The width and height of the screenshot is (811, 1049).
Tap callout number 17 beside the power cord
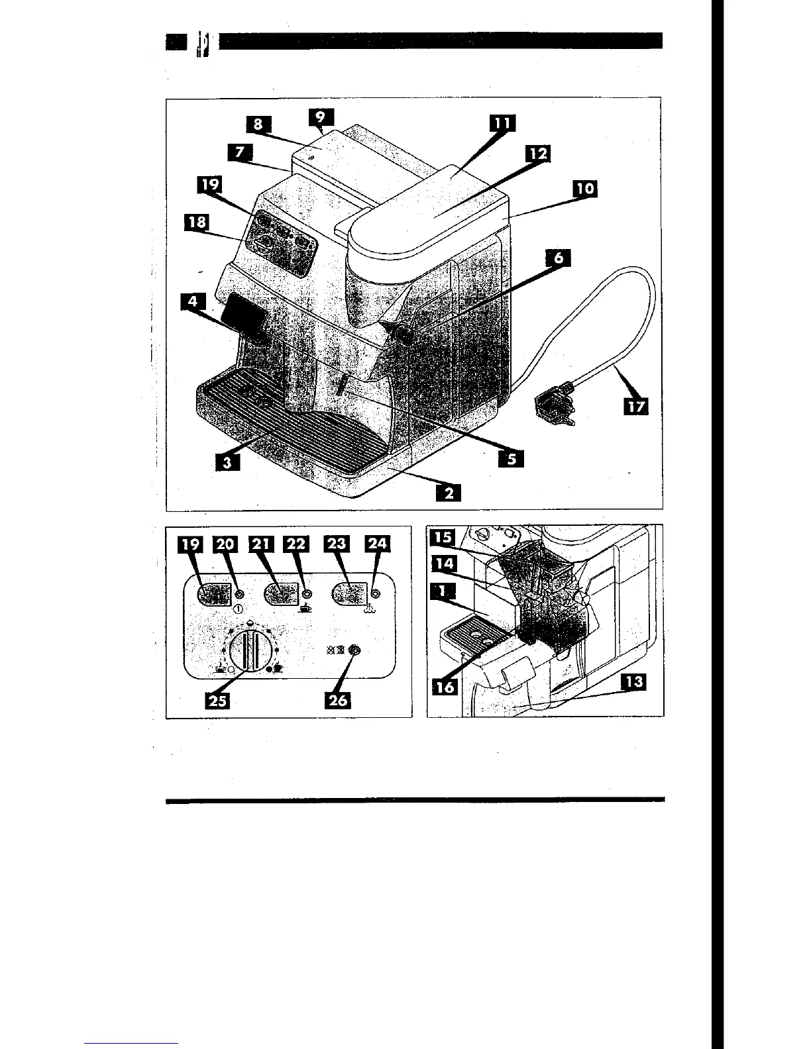click(636, 406)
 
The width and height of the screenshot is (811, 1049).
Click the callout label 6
click(559, 258)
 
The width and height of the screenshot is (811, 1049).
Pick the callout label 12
click(538, 154)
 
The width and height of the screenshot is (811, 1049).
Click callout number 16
click(445, 687)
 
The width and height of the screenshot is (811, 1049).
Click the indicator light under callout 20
click(238, 595)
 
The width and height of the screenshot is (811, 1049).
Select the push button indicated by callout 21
click(281, 594)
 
